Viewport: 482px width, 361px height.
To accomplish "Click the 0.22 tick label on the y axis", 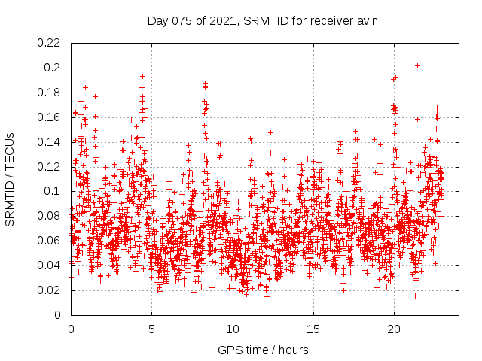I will click(50, 43).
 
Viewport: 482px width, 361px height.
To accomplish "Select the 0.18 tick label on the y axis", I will click(50, 93).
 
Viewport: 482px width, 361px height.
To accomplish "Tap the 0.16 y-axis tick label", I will click(50, 117).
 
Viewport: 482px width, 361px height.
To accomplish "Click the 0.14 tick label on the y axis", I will click(50, 142).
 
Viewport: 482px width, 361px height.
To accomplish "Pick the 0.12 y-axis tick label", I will click(50, 166).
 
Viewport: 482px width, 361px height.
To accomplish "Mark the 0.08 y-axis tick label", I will click(50, 216).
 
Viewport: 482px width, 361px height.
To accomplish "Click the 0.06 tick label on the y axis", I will click(50, 241).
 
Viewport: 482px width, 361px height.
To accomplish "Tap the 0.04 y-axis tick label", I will click(50, 265).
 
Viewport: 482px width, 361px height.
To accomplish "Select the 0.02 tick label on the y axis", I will click(50, 290).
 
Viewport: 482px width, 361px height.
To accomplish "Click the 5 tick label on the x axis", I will click(151, 329).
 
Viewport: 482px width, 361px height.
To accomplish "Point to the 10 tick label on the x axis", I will click(232, 329).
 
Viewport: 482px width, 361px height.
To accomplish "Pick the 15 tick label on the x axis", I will click(313, 329).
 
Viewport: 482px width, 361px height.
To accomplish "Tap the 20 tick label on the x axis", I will click(393, 329).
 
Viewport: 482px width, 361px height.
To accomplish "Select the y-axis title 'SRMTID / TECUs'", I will click(10, 179).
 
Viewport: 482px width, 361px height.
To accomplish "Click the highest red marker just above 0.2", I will click(417, 65).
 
